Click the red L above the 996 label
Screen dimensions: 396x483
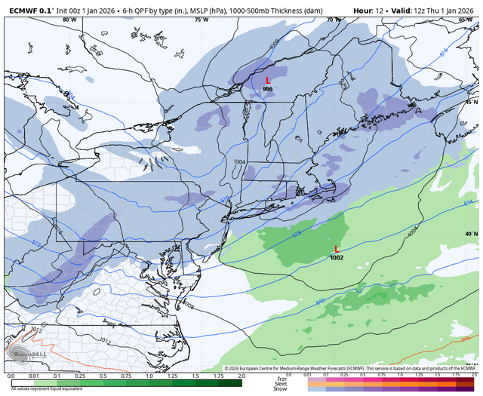(x=267, y=80)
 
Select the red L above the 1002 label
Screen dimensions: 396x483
(x=337, y=249)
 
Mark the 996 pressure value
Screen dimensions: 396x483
(x=267, y=89)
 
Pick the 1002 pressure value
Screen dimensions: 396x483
(x=337, y=258)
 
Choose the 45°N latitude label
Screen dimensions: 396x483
(x=471, y=102)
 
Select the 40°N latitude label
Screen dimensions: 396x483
(x=471, y=234)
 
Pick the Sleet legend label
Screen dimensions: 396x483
(x=281, y=383)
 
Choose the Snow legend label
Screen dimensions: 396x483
(x=281, y=389)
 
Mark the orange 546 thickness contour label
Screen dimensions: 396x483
(x=464, y=341)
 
